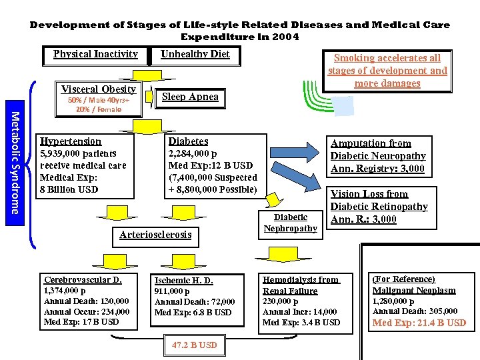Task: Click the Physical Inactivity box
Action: click(x=95, y=54)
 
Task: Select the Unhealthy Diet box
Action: click(x=195, y=54)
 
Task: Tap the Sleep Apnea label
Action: click(x=191, y=97)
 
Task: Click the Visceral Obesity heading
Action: click(x=99, y=89)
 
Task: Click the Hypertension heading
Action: click(x=71, y=141)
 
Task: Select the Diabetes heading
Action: click(x=188, y=141)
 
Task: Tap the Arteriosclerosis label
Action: click(x=155, y=234)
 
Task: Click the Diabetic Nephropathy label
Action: click(x=290, y=223)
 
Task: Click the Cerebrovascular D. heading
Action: click(x=83, y=280)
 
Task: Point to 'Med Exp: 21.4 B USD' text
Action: click(x=419, y=323)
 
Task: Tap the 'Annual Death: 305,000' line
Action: click(x=415, y=311)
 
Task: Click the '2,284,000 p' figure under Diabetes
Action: click(x=192, y=154)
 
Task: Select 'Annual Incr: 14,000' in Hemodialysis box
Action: click(x=299, y=311)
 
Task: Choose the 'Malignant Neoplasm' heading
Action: click(x=413, y=290)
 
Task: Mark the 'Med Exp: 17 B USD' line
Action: click(x=81, y=322)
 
